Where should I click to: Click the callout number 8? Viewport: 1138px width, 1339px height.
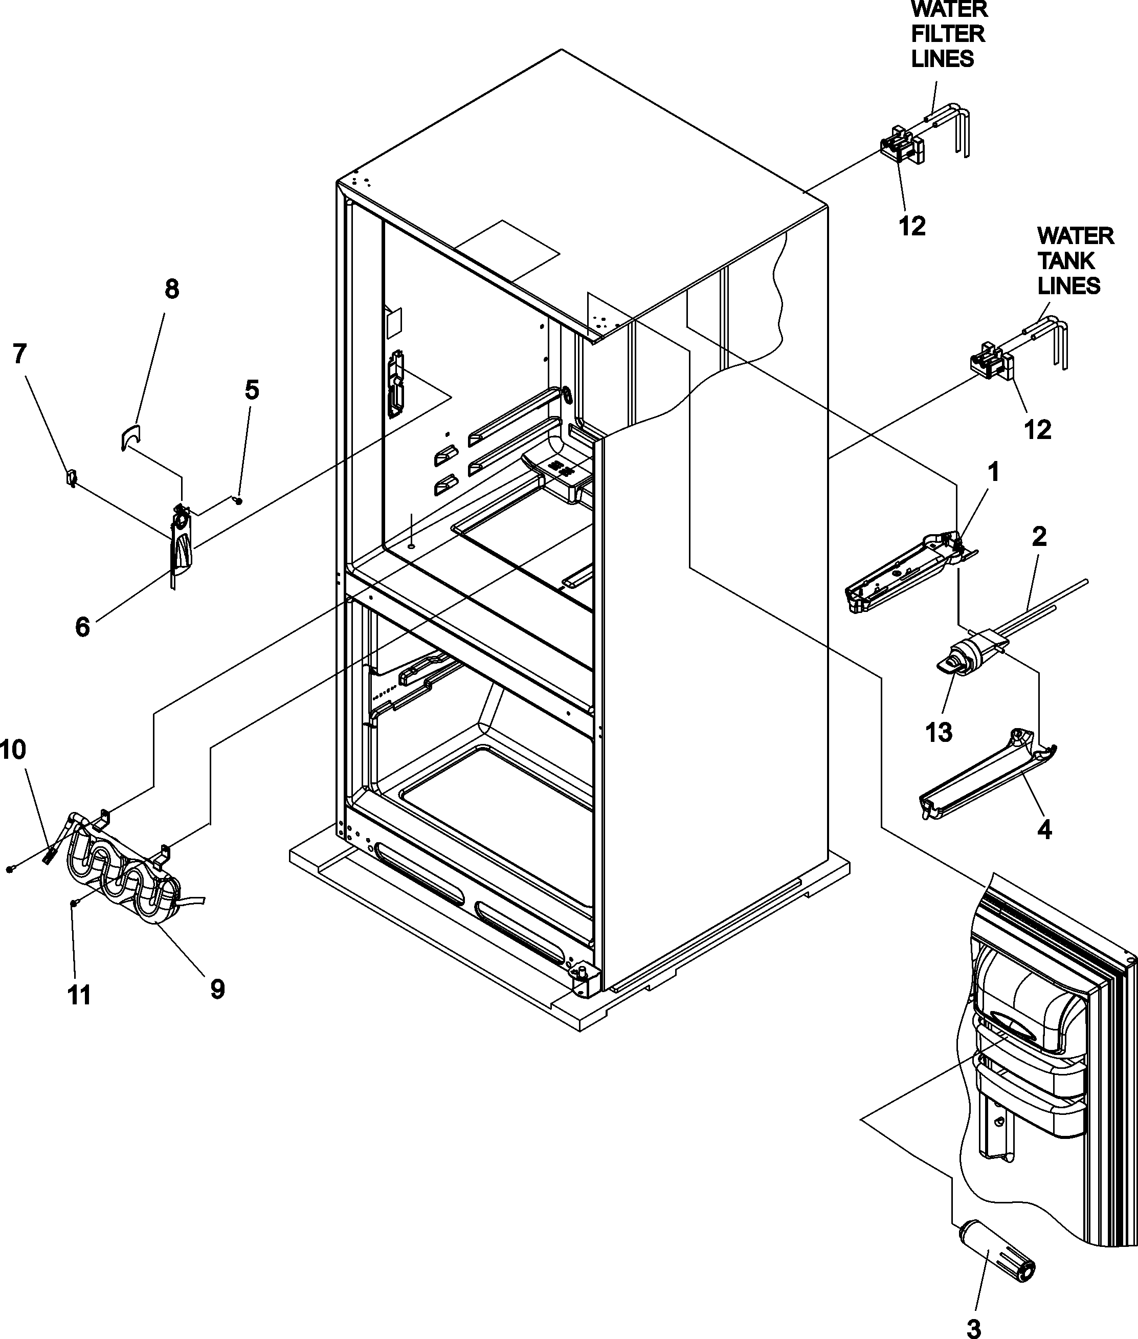point(172,290)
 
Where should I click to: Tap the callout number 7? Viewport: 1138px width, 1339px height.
point(19,354)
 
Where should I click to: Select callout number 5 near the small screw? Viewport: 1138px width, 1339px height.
point(252,390)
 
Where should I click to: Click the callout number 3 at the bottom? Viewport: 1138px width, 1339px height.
point(973,1324)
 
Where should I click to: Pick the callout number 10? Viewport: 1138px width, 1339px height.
point(13,750)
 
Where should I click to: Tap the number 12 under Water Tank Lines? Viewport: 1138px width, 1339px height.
point(1038,430)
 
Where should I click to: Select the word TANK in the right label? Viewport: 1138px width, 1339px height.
point(1066,261)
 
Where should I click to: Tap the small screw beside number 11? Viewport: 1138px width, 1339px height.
point(75,904)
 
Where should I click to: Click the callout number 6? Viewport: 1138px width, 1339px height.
point(82,627)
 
